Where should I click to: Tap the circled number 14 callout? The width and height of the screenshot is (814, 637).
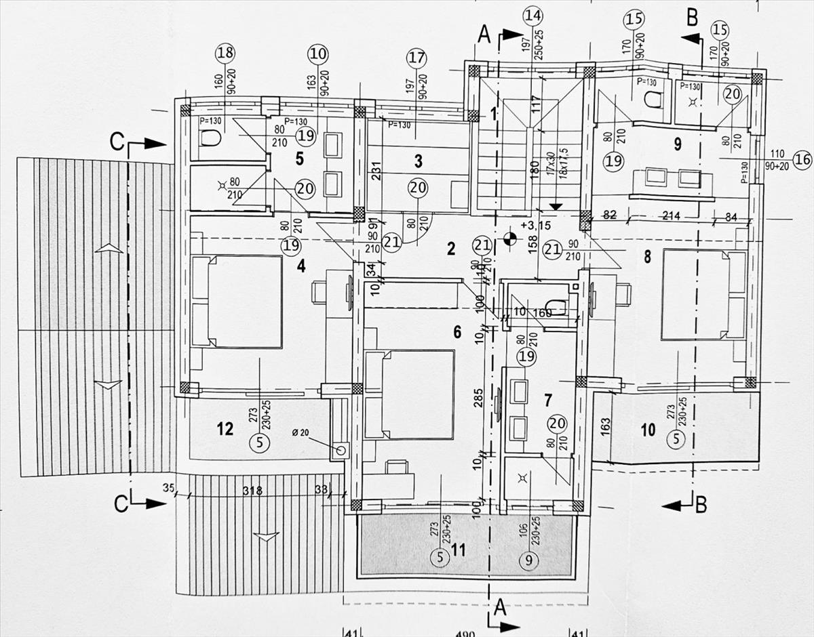[533, 16]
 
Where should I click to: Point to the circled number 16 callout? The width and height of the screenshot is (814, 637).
[802, 160]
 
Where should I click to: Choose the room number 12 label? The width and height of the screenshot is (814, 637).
[225, 428]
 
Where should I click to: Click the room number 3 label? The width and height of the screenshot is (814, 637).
[418, 161]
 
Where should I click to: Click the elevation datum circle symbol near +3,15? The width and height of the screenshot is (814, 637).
[510, 238]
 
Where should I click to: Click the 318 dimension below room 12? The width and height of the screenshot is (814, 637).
[252, 491]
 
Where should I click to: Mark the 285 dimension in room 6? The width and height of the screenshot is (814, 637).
[478, 399]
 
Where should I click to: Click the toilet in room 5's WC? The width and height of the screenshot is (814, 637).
[210, 139]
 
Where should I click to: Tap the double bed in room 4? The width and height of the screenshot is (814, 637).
[237, 302]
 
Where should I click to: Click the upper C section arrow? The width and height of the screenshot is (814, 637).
[153, 143]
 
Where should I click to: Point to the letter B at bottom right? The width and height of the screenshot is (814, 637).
[701, 504]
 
